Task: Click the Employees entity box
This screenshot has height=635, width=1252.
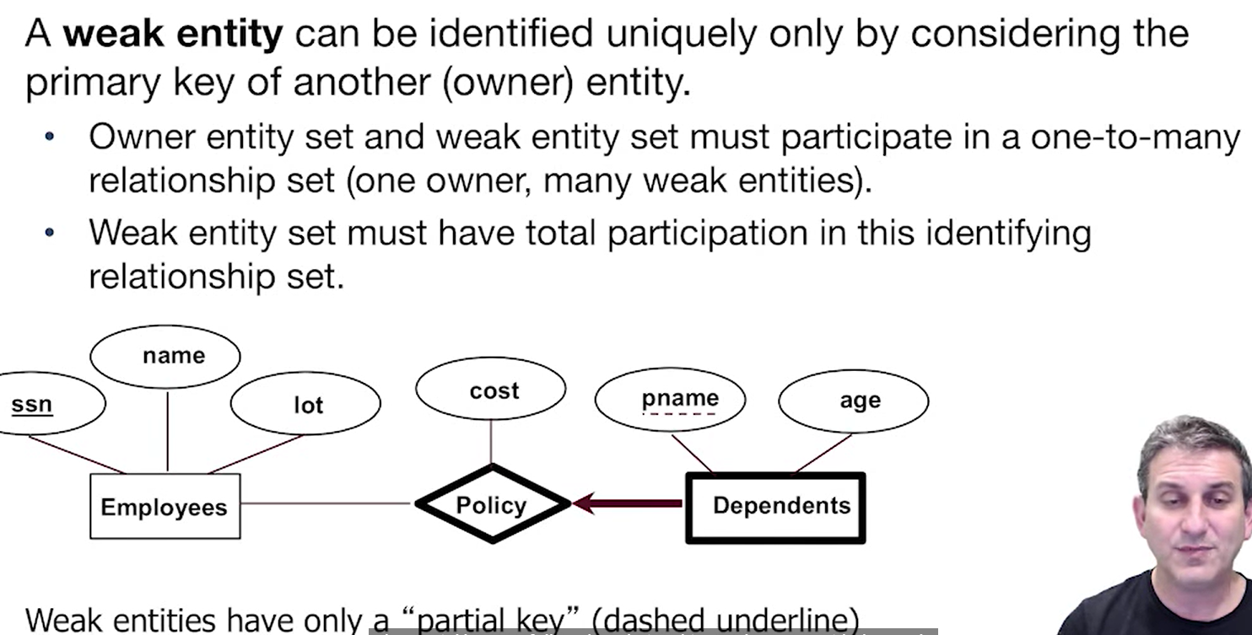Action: [165, 506]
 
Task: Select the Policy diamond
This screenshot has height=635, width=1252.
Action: [492, 504]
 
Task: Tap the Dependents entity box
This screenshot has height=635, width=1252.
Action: [776, 507]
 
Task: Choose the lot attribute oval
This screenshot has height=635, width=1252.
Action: [305, 405]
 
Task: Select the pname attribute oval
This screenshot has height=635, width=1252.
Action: [670, 400]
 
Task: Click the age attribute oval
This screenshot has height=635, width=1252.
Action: [853, 401]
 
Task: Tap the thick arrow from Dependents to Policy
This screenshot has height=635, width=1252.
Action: [629, 503]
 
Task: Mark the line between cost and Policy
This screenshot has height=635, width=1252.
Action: [491, 441]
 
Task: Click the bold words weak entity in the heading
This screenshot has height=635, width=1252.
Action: [173, 35]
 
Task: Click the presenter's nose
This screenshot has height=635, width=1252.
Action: [1198, 522]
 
